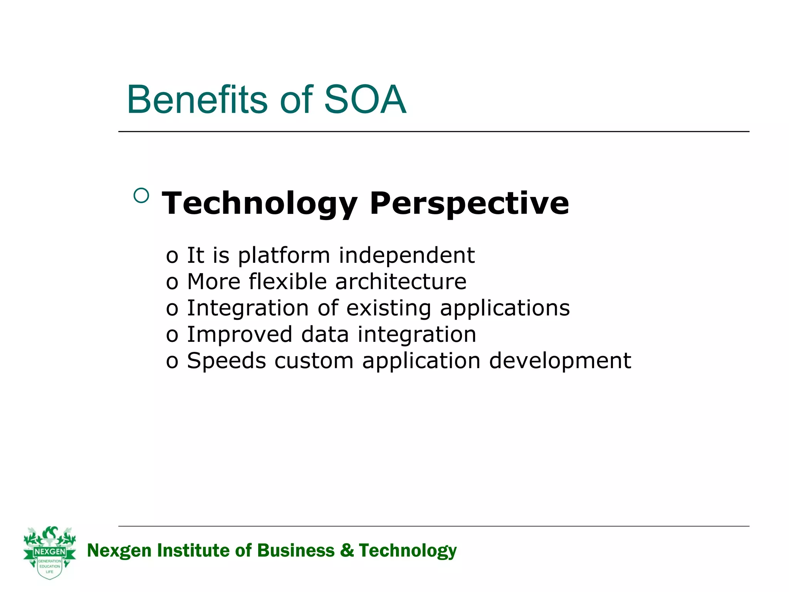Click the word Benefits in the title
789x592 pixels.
pyautogui.click(x=196, y=100)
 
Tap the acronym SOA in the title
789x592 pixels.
pyautogui.click(x=365, y=100)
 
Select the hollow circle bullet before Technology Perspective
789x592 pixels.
pyautogui.click(x=141, y=195)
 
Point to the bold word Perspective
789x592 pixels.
pyautogui.click(x=469, y=203)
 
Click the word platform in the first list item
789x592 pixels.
pyautogui.click(x=284, y=256)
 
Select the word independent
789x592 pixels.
pyautogui.click(x=406, y=255)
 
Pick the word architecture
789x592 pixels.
pyautogui.click(x=401, y=282)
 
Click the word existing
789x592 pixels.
pyautogui.click(x=388, y=308)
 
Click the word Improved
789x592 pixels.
pyautogui.click(x=239, y=335)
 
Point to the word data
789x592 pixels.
pyautogui.click(x=325, y=334)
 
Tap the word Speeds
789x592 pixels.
pyautogui.click(x=227, y=361)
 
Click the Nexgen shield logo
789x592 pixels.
pyautogui.click(x=50, y=553)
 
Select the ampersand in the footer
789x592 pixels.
pyautogui.click(x=347, y=550)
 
